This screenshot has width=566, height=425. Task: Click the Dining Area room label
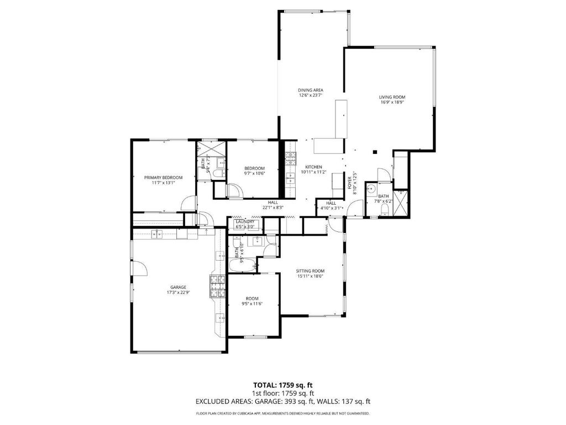[311, 90]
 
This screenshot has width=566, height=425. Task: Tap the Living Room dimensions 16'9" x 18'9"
[392, 102]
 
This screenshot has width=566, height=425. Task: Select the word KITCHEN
[314, 167]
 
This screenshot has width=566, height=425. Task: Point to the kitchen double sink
[290, 178]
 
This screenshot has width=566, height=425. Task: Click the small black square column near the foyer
[375, 152]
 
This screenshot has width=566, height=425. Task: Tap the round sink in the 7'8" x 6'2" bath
[371, 188]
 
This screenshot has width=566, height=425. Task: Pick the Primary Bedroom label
[163, 178]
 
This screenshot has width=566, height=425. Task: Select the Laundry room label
[245, 221]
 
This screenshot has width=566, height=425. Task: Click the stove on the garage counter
[217, 286]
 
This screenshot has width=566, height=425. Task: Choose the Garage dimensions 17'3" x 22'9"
[179, 293]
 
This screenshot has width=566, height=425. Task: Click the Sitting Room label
[310, 271]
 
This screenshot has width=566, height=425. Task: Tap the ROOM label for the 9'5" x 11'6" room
[252, 298]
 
